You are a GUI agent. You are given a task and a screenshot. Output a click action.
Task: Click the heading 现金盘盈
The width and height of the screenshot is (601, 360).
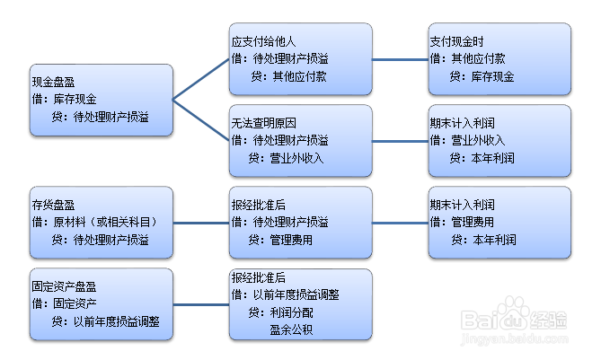tap(53, 81)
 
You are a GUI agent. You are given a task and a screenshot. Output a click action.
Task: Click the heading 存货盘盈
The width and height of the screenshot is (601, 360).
tap(53, 205)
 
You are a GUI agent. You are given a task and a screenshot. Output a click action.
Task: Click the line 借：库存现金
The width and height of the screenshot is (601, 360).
tap(65, 99)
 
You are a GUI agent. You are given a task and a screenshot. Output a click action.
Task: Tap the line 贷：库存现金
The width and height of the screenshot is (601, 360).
tap(482, 77)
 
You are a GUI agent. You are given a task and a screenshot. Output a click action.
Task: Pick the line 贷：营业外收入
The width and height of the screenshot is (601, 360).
tap(287, 158)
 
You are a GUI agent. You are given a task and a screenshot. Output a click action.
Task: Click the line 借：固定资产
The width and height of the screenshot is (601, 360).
tap(65, 303)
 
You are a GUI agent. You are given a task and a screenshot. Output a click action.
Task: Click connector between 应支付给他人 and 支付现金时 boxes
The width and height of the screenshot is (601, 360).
tap(401, 59)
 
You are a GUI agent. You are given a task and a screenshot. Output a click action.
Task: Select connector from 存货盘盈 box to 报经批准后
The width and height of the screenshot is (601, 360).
tap(201, 222)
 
